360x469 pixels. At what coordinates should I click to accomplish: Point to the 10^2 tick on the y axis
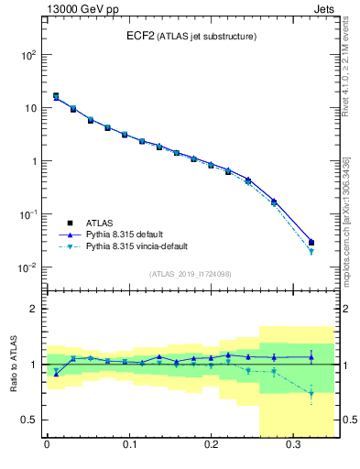[28, 55]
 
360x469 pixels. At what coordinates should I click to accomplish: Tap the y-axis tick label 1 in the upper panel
[32, 161]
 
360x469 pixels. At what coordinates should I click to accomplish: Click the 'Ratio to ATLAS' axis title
[12, 364]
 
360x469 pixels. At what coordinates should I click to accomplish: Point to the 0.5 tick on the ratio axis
[28, 420]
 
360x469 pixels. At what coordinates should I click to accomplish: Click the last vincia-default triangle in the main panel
[311, 251]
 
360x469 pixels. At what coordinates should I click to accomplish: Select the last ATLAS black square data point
[311, 243]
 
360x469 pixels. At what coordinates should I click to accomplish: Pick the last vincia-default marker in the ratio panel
[311, 395]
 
